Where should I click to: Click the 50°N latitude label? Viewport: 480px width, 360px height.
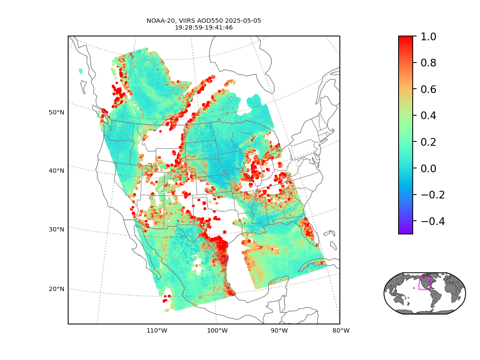pos(56,112)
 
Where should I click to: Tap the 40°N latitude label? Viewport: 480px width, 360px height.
pos(56,171)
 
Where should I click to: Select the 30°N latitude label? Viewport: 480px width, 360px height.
pos(56,229)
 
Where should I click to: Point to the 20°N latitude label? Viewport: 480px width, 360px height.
pos(56,289)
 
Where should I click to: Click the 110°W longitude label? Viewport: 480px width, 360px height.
pos(157,330)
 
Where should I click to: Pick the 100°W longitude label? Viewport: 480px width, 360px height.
pos(217,330)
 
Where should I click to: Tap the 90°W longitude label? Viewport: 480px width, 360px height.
pos(279,330)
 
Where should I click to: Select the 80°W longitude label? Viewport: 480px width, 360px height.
pos(341,330)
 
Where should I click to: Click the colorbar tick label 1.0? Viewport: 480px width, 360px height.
pos(428,36)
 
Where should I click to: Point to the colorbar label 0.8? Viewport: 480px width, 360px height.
pos(428,63)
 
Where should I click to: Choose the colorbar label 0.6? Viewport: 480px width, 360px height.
pos(428,89)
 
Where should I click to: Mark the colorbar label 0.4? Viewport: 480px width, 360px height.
pos(428,115)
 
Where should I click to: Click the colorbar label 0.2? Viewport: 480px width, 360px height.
pos(428,142)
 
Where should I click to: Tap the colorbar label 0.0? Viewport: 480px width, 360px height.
pos(428,168)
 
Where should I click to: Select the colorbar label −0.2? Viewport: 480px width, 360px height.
pos(433,195)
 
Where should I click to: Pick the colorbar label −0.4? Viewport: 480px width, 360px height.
pos(433,221)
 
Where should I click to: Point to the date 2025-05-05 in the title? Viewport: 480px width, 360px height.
pos(243,21)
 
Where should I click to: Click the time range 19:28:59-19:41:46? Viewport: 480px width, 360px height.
pos(204,27)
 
